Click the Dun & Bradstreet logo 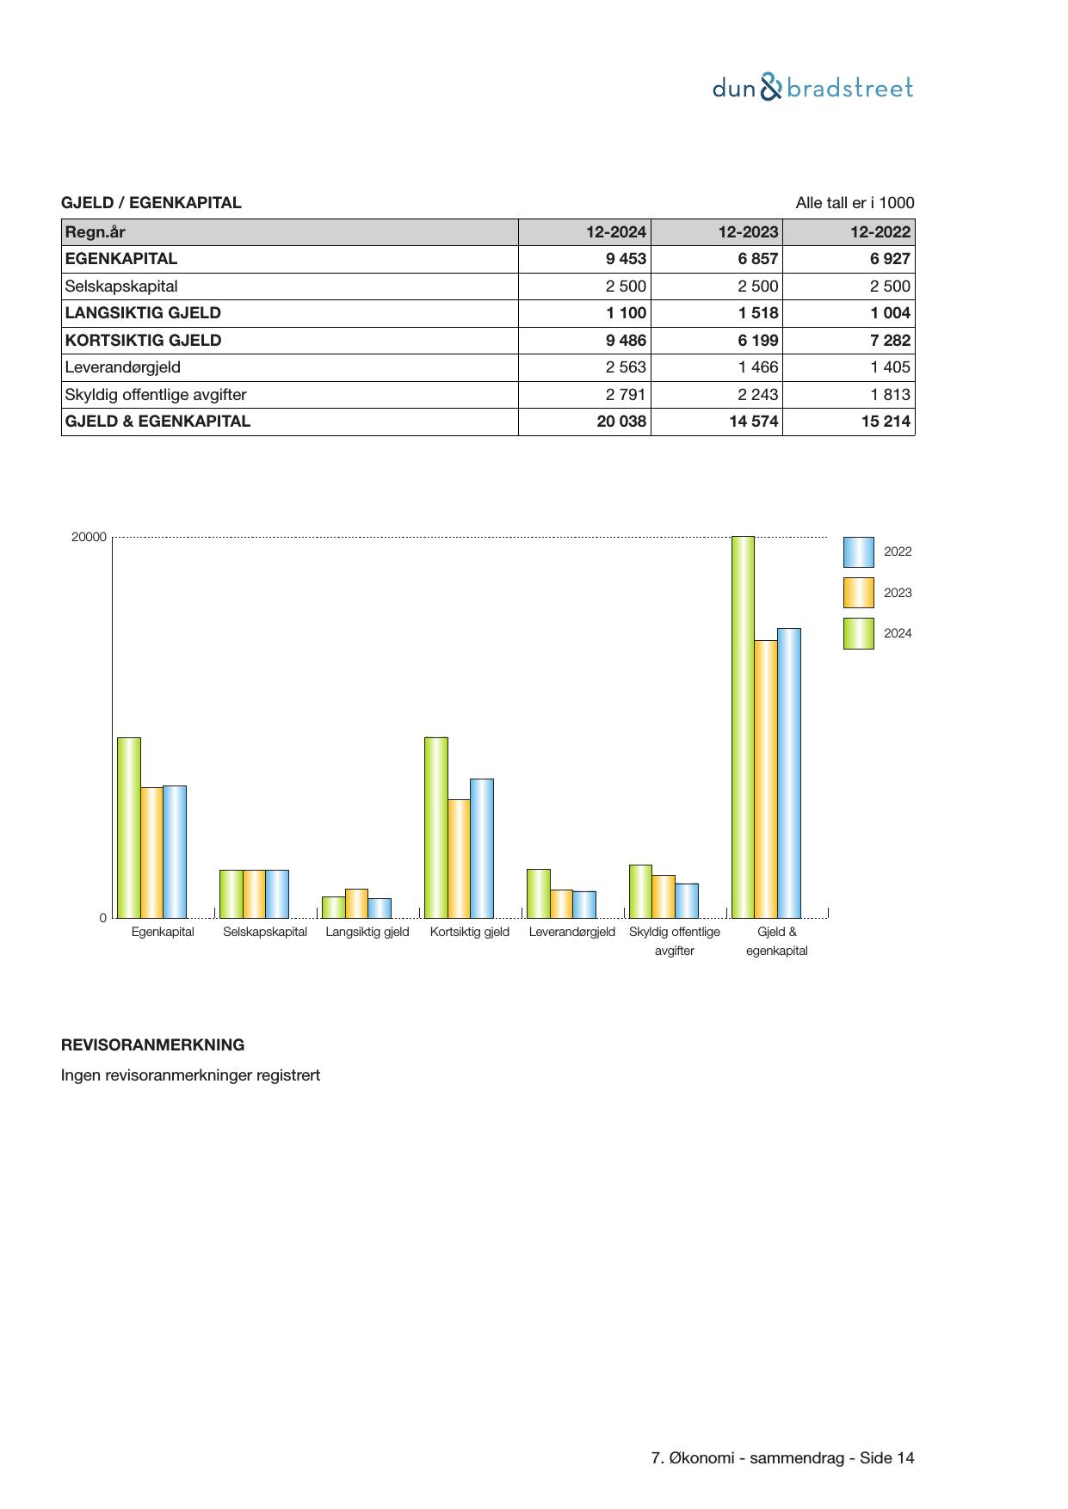tap(812, 88)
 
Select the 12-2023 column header tap(748, 231)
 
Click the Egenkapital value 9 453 tap(625, 259)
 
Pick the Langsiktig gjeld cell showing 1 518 tap(757, 313)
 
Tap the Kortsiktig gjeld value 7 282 tap(890, 341)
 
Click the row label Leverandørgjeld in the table tap(123, 367)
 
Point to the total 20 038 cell tap(621, 422)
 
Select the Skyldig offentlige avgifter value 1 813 tap(890, 395)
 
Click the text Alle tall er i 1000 tap(855, 203)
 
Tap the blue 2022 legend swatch tap(858, 552)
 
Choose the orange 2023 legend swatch tap(858, 593)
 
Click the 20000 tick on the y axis tap(89, 538)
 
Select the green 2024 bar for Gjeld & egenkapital tap(743, 727)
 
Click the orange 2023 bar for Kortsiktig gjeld tap(459, 859)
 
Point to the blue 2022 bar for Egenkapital tap(175, 852)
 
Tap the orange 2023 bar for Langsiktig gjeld tap(356, 903)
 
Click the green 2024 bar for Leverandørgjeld tap(538, 894)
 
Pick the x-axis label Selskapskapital tap(265, 932)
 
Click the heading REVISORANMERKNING tap(152, 1045)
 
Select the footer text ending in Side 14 tap(782, 1458)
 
